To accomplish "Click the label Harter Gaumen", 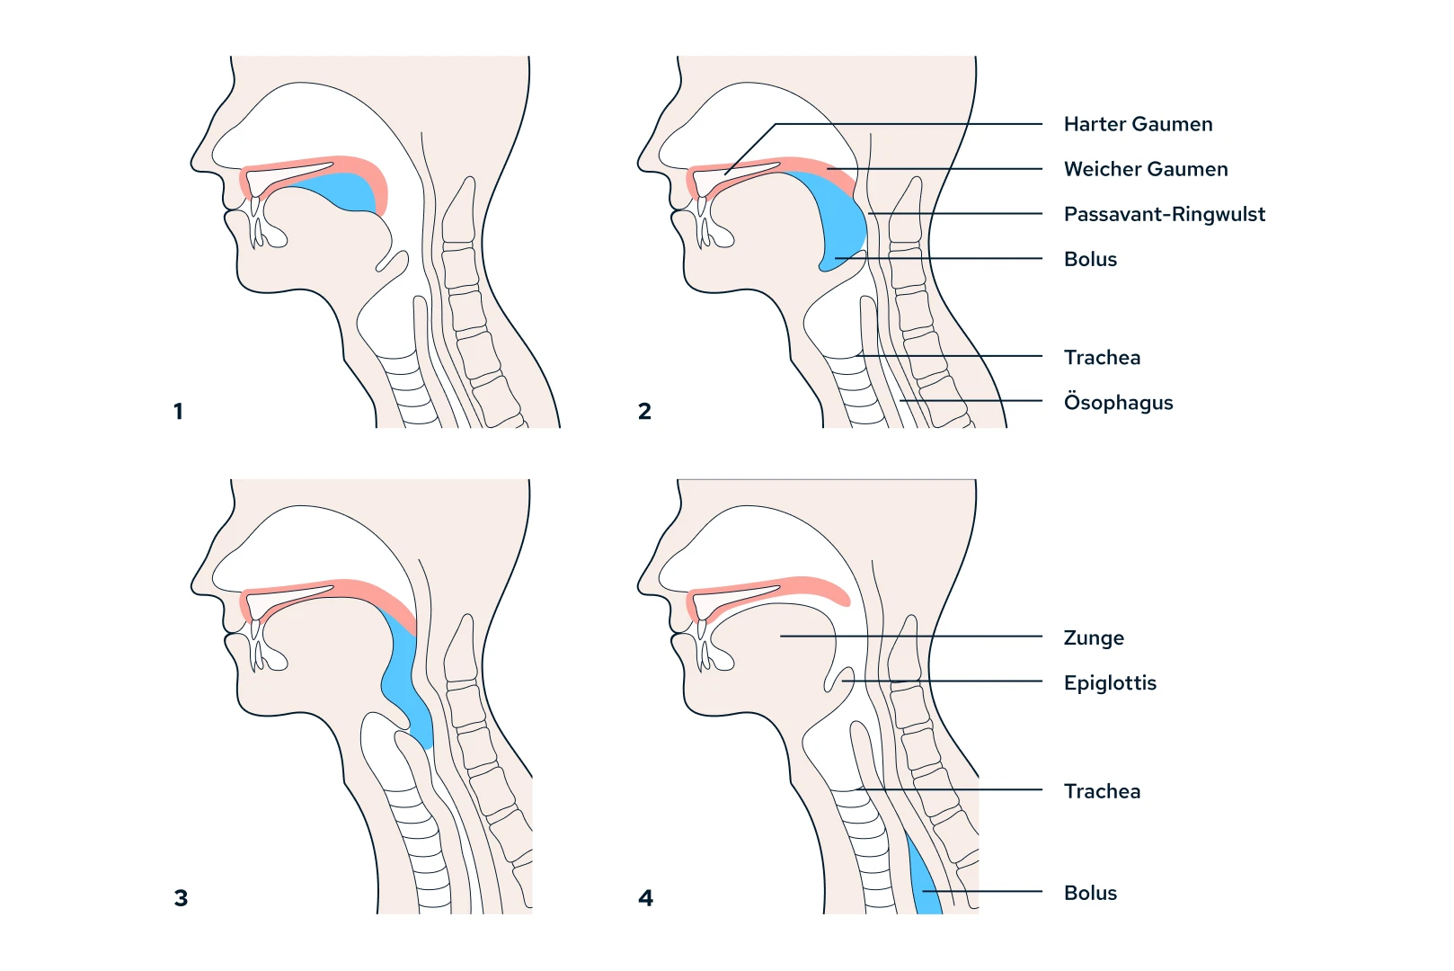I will [x=1138, y=124].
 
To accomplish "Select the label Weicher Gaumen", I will [x=1145, y=169].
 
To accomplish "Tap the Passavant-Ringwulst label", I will [x=1164, y=214].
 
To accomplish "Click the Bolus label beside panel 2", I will [x=1090, y=259].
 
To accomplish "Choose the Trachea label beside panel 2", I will [x=1102, y=357].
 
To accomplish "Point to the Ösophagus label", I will [x=1118, y=402].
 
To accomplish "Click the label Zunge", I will [x=1094, y=637].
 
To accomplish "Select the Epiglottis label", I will [x=1110, y=682].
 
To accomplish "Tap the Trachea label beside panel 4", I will [x=1102, y=791].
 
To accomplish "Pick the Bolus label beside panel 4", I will [x=1090, y=893].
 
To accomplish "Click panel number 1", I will [x=178, y=411].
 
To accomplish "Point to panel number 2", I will [x=644, y=411].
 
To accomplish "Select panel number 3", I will [x=181, y=897].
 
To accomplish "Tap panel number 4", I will [x=645, y=897].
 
